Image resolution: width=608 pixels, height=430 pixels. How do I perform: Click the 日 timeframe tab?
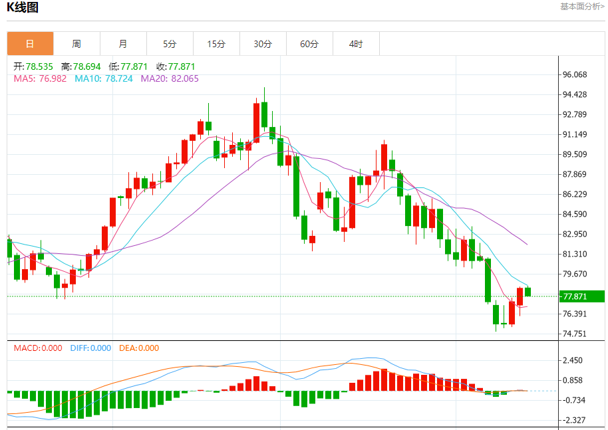pos(30,44)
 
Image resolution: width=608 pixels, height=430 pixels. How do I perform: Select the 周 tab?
pos(76,44)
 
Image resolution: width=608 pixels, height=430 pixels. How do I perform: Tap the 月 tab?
pos(123,44)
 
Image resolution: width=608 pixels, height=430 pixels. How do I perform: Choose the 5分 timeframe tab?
pos(170,44)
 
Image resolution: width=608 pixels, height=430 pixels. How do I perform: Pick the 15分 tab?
pos(216,44)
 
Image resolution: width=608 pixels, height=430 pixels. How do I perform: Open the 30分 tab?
pos(263,44)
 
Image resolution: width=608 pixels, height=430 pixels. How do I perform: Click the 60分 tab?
pos(309,44)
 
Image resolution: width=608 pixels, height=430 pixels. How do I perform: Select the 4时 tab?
pos(356,44)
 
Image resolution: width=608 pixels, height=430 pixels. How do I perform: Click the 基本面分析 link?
pos(582,7)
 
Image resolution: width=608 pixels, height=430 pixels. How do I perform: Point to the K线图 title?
pos(23,8)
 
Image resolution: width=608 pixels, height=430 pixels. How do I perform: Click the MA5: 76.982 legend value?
pos(40,78)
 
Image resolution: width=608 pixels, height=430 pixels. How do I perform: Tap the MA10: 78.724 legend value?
pos(103,78)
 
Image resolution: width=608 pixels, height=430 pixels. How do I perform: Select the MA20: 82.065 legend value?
pos(170,78)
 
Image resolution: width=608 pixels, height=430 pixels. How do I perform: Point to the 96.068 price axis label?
pos(575,74)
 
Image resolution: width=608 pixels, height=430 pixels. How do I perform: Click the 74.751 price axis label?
pos(575,334)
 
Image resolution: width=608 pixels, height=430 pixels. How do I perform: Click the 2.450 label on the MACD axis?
pos(573,360)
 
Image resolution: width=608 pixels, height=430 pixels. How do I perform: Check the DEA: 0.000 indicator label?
pos(139,348)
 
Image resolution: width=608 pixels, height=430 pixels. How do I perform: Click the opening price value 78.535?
pos(39,66)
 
